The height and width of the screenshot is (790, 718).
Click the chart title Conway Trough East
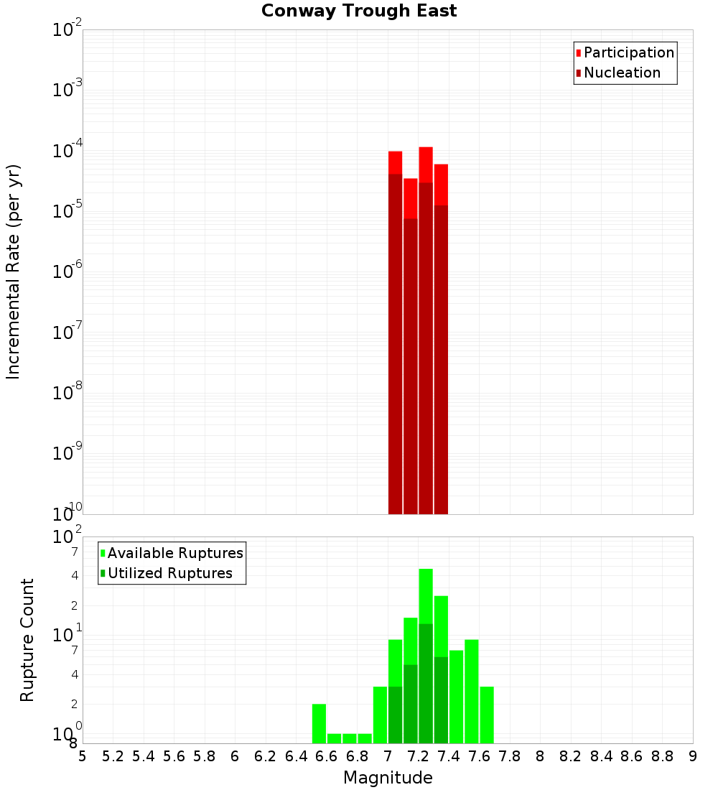point(359,11)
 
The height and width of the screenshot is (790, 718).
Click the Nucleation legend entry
point(622,73)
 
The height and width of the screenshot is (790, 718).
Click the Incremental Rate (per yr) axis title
point(13,271)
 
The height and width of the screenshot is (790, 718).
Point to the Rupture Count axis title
point(27,640)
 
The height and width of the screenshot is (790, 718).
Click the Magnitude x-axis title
point(388,778)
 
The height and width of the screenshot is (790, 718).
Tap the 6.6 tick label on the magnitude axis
point(327,756)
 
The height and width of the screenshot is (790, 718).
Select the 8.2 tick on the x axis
point(571,756)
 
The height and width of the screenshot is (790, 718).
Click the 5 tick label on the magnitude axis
point(83,756)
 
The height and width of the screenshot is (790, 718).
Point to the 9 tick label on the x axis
point(693,756)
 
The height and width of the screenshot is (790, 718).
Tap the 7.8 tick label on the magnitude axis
point(510,756)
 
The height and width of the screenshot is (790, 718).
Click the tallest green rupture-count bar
point(426,596)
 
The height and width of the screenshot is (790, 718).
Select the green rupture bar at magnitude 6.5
point(319,723)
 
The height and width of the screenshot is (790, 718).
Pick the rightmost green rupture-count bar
point(487,715)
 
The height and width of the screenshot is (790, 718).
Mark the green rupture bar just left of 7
point(380,715)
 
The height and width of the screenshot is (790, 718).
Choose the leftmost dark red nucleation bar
point(395,345)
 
